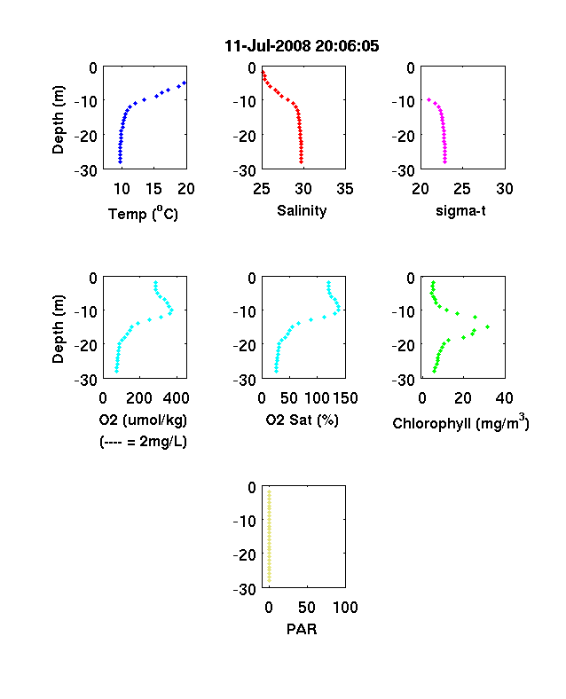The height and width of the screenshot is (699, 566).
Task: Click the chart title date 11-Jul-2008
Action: click(267, 46)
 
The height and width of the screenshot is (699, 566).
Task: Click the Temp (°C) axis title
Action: click(143, 214)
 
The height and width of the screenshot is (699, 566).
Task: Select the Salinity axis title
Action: click(302, 211)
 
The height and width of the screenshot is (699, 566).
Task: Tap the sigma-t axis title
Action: click(460, 210)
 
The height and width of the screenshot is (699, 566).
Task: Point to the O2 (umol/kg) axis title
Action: click(143, 420)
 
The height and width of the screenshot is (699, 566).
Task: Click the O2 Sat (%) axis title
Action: click(303, 420)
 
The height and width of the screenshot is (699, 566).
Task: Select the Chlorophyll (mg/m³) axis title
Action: click(460, 421)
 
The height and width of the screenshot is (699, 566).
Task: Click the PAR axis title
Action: click(302, 629)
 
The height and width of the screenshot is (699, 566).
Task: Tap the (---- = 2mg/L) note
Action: click(143, 442)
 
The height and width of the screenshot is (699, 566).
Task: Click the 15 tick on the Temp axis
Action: click(153, 189)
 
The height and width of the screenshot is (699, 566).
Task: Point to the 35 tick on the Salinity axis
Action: click(345, 189)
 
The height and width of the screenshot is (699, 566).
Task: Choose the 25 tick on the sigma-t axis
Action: click(462, 189)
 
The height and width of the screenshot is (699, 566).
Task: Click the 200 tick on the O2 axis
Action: click(139, 398)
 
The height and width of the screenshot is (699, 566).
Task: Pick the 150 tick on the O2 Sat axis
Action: click(345, 398)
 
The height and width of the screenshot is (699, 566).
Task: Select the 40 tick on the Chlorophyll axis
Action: click(504, 398)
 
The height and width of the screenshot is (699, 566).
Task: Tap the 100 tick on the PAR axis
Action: click(345, 607)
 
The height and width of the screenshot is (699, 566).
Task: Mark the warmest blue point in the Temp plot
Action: click(184, 82)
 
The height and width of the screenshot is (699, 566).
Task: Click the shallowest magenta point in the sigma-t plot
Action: click(428, 100)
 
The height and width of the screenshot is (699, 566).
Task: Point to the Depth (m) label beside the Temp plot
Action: click(58, 120)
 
